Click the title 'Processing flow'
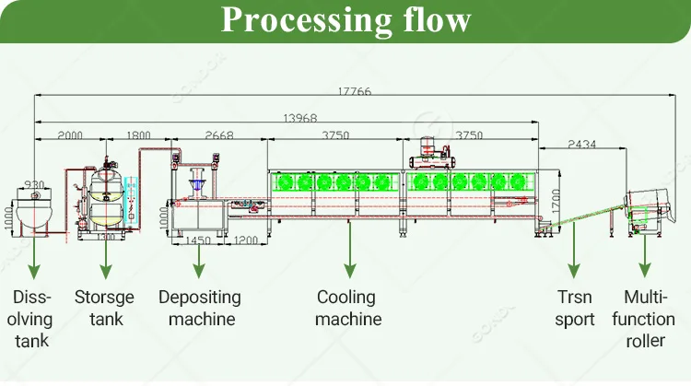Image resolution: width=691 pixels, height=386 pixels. click(x=345, y=20)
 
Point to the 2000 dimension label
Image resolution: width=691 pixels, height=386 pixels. click(x=69, y=135)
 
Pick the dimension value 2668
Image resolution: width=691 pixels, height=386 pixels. click(x=218, y=135)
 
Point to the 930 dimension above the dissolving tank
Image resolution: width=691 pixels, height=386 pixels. click(x=34, y=184)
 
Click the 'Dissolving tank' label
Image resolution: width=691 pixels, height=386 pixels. click(x=32, y=320)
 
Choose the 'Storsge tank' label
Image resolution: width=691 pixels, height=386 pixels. click(x=106, y=309)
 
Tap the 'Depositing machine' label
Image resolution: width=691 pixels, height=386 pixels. click(x=199, y=309)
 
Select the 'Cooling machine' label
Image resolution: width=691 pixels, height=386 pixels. click(x=347, y=309)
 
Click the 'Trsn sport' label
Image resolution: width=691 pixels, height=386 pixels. click(x=573, y=309)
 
